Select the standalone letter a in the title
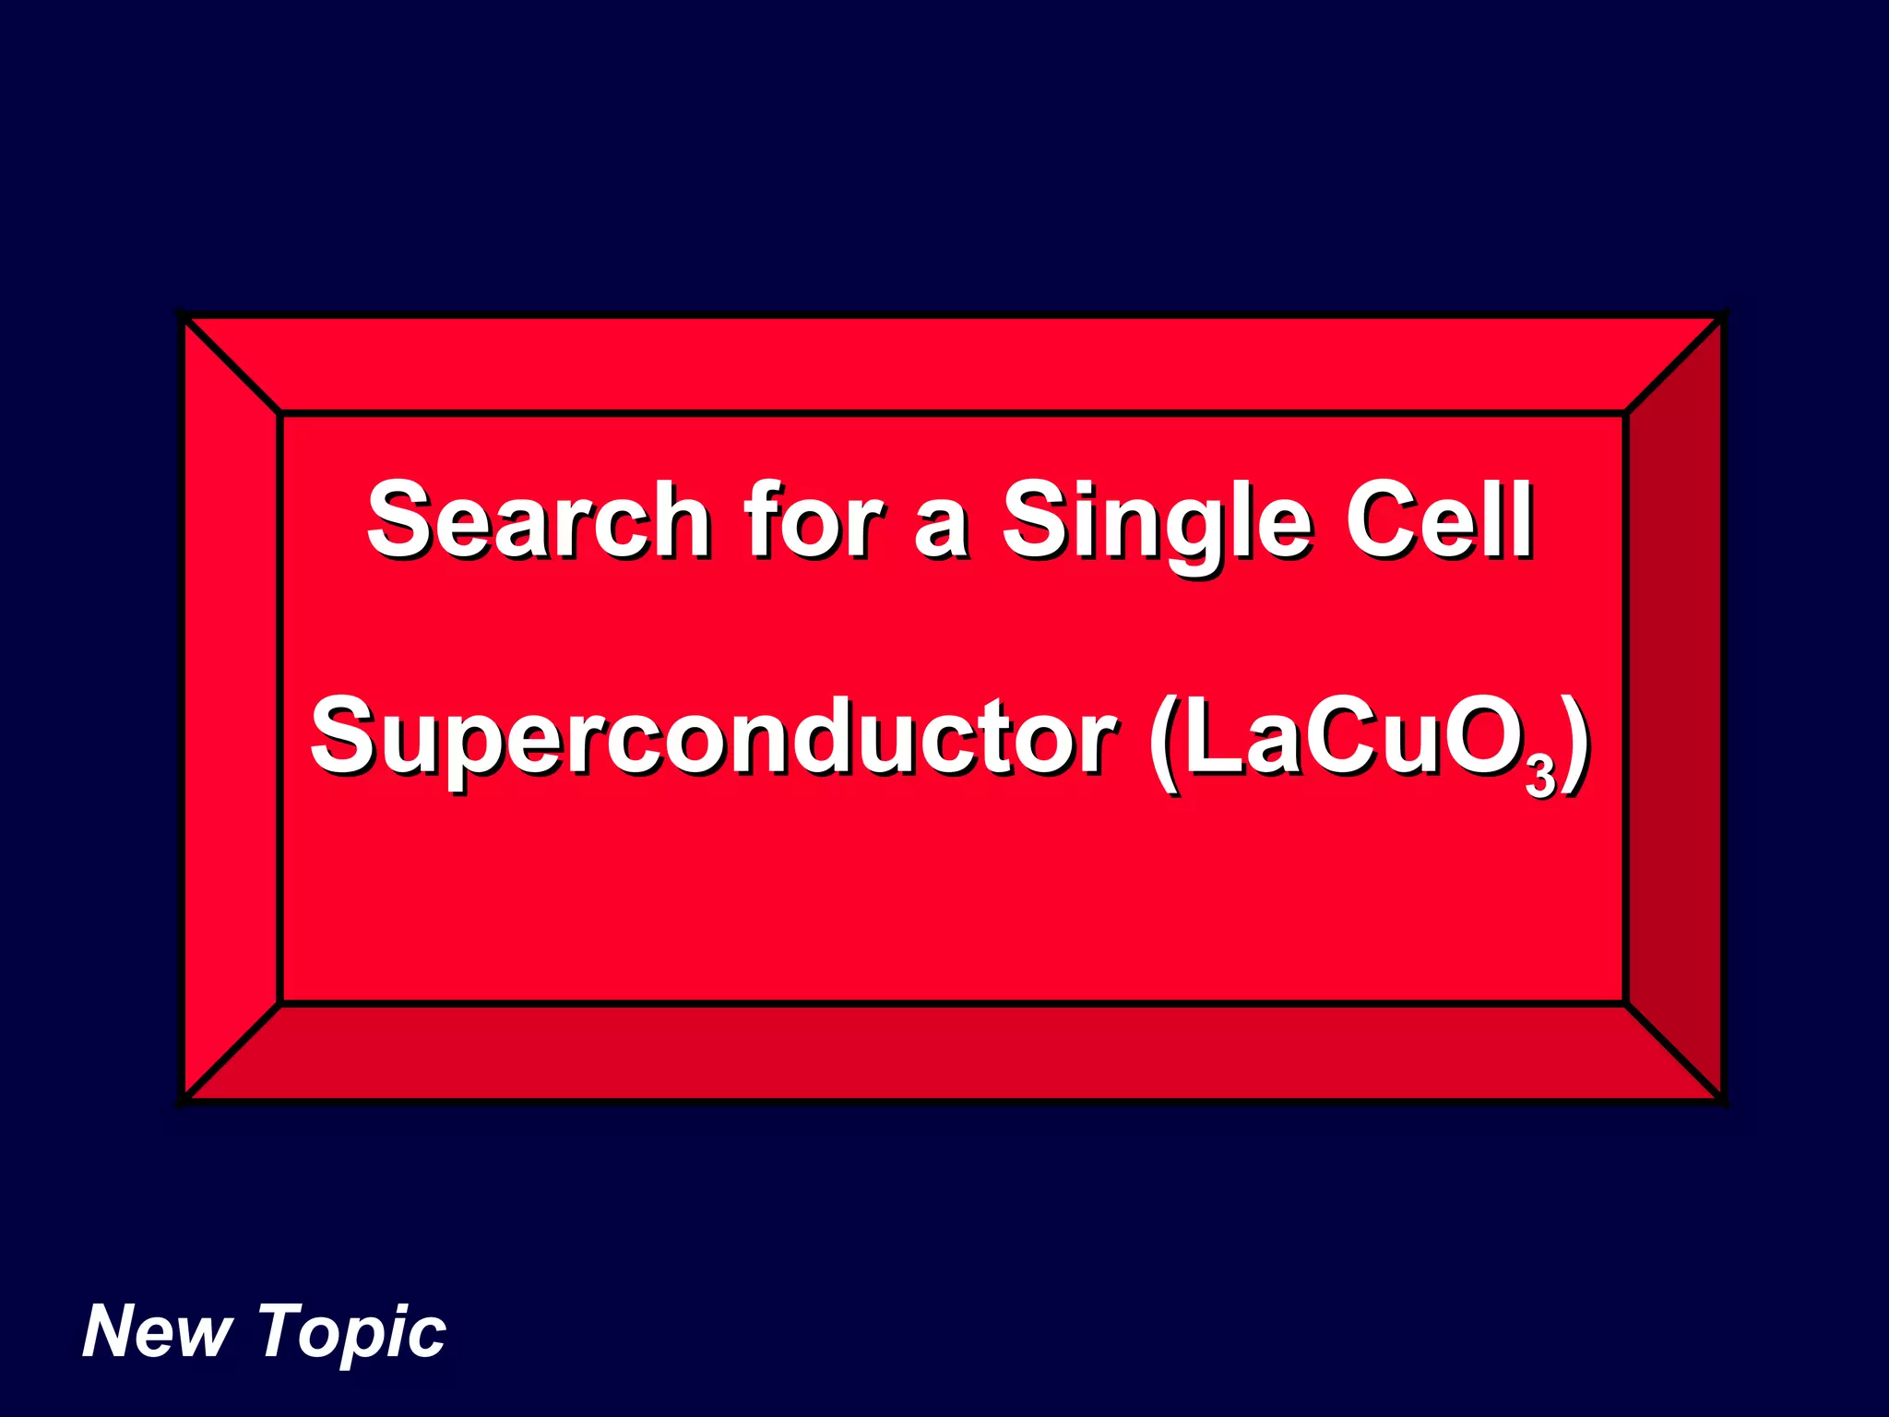click(x=941, y=530)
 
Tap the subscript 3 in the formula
click(x=1540, y=777)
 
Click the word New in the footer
click(x=157, y=1331)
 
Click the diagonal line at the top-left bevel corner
click(x=231, y=364)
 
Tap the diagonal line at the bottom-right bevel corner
click(x=1674, y=1052)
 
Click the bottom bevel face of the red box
click(x=950, y=1052)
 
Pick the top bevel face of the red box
click(x=950, y=365)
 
